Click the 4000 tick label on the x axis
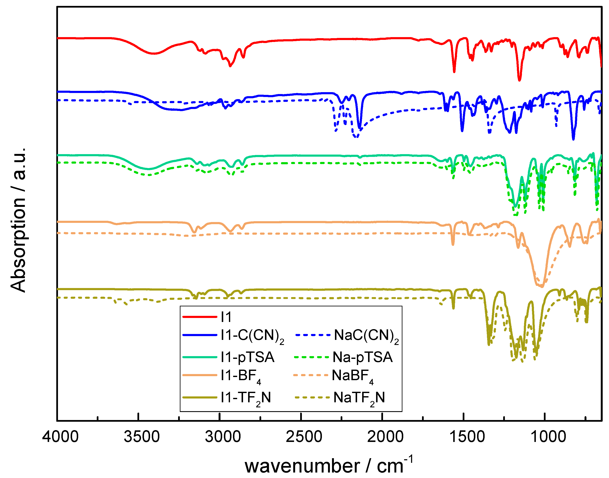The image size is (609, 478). coord(60,437)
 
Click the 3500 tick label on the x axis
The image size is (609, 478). coord(142,437)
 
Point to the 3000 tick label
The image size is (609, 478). coord(223,437)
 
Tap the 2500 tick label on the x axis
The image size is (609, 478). coord(304,437)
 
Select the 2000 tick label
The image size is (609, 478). coord(385,437)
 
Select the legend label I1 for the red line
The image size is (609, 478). coord(226,317)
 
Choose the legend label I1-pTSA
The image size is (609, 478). coord(247,357)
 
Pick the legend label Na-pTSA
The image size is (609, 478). coord(363,357)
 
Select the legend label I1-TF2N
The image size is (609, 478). coord(246,398)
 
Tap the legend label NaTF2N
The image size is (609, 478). coord(359,398)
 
